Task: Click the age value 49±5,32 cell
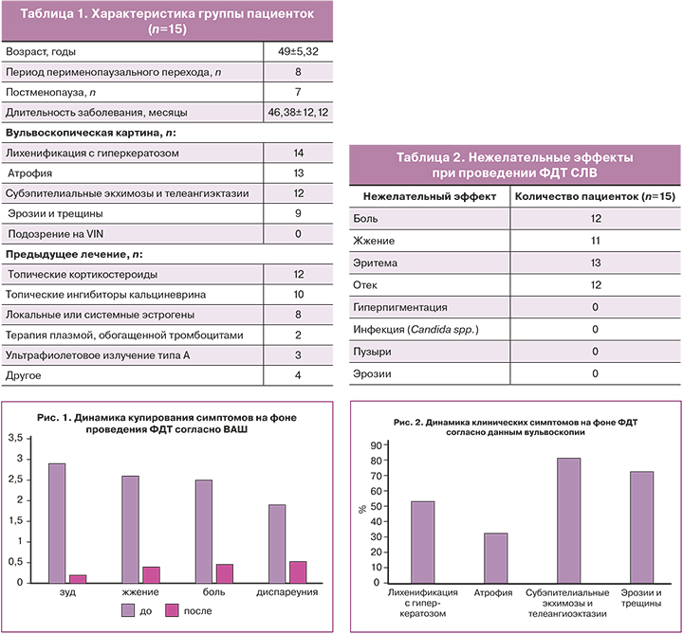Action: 298,51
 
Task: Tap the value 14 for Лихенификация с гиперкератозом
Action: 298,152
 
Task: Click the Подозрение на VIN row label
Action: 54,233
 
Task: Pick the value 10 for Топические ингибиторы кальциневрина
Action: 298,295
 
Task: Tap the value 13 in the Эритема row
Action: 595,263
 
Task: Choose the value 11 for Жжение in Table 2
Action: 595,241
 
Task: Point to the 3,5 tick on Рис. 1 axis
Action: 14,440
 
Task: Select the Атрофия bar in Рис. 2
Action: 495,558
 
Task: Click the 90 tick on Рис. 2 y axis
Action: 375,445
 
